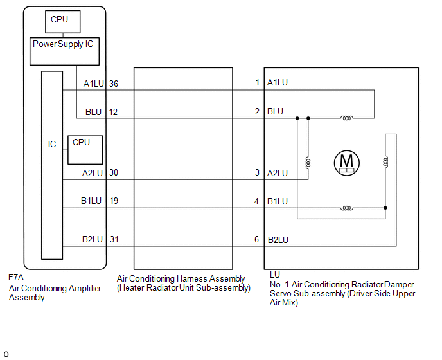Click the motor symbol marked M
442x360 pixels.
coord(346,163)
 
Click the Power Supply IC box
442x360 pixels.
coord(64,51)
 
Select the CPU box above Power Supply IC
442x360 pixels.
coord(63,22)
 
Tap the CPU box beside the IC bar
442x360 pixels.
coord(85,150)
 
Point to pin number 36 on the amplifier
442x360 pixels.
coord(114,84)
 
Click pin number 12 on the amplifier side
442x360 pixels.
coord(113,113)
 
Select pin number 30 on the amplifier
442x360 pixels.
coord(114,172)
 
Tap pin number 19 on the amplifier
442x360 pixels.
coord(114,201)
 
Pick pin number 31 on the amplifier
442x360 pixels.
coord(114,239)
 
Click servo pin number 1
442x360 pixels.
coord(257,82)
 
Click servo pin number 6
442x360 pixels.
coord(256,239)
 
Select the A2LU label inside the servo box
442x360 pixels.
coord(278,173)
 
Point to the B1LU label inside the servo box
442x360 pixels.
coord(278,201)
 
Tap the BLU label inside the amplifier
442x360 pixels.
coord(93,113)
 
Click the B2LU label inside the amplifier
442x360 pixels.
coord(92,239)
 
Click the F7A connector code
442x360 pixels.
coord(16,277)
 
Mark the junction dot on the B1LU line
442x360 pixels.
coord(385,208)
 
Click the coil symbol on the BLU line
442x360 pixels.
coord(346,118)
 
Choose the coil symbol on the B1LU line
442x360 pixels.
coord(346,208)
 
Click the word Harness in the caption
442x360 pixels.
coord(192,279)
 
